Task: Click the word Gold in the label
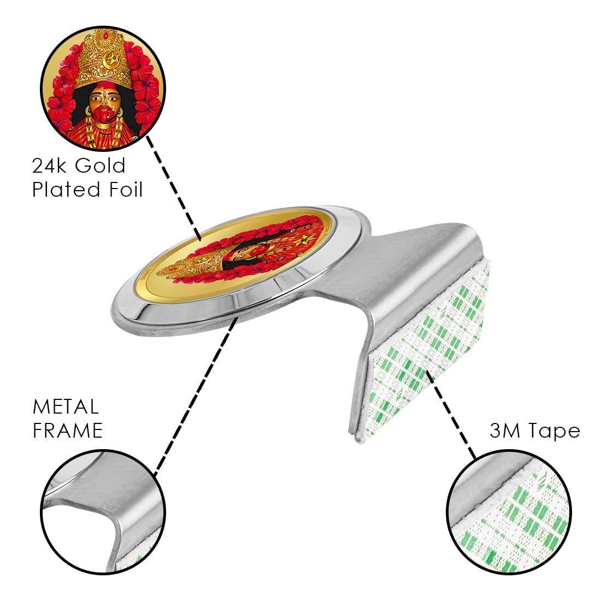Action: pos(100,166)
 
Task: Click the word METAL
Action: pos(66,407)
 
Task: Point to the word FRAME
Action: pos(67,431)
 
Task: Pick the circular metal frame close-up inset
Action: pos(103,512)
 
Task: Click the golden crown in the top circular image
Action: pos(103,60)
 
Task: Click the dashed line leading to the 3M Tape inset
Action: pos(451,414)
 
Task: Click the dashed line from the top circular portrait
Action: pos(174,187)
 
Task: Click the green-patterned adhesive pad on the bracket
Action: pos(426,351)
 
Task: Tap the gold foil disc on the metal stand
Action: pos(235,254)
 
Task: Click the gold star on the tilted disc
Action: pos(304,240)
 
